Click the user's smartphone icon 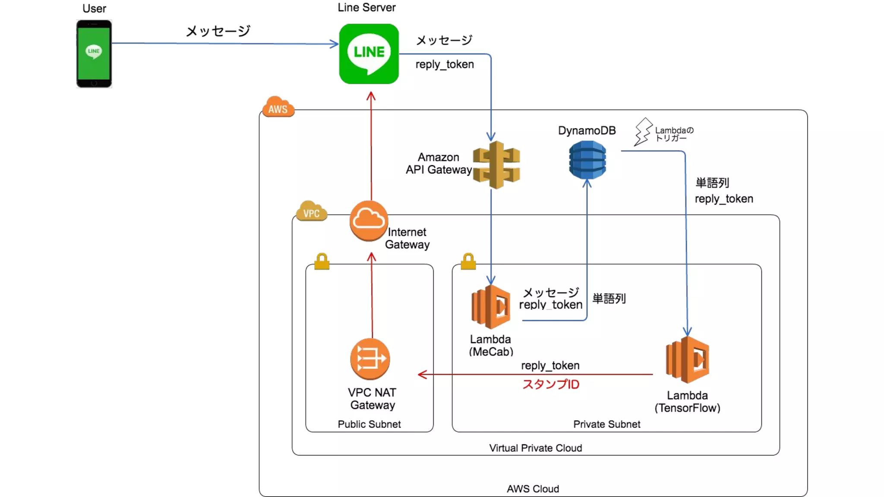(x=94, y=54)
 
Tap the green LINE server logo (x=369, y=54)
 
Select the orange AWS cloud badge (x=278, y=107)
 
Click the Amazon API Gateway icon (x=496, y=165)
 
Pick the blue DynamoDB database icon (x=587, y=160)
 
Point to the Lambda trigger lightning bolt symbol (x=643, y=131)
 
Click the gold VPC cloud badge (x=311, y=211)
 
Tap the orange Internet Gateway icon (x=369, y=220)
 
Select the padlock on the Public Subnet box (x=322, y=261)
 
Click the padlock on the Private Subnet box (x=468, y=261)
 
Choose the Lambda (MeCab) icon (x=491, y=307)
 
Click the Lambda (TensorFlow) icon (x=688, y=360)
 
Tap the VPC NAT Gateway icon (x=370, y=359)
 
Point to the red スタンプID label (x=551, y=384)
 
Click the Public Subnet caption (x=369, y=425)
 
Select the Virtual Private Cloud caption (x=535, y=448)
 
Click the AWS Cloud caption (x=533, y=489)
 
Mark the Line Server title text (x=366, y=7)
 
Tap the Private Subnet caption (x=606, y=425)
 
